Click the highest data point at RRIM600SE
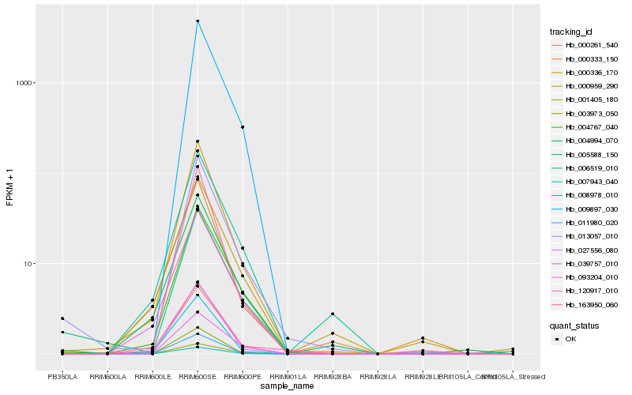(x=197, y=21)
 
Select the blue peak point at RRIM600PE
(x=243, y=127)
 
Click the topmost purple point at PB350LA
(x=62, y=318)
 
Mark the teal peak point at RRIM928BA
(x=333, y=314)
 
